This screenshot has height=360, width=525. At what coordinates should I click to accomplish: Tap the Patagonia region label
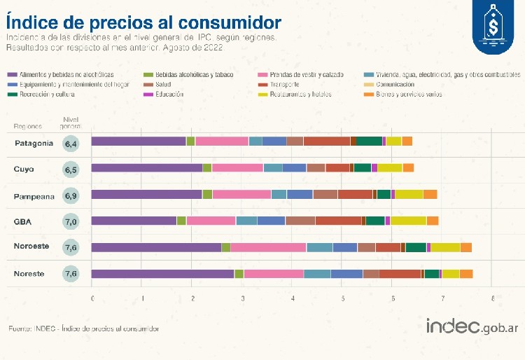[34, 143]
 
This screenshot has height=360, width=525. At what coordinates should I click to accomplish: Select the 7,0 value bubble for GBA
[71, 221]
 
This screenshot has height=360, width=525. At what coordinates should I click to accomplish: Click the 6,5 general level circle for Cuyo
[71, 169]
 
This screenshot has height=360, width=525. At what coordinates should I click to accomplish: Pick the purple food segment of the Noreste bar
[162, 274]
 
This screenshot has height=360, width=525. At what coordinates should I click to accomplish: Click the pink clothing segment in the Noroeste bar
[268, 247]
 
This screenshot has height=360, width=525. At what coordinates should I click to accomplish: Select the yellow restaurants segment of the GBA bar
[408, 221]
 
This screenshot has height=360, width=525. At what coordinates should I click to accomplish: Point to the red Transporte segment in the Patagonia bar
[326, 141]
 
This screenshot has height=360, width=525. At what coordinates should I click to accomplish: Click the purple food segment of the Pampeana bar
[146, 195]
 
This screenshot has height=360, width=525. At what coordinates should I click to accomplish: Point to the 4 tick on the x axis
[292, 299]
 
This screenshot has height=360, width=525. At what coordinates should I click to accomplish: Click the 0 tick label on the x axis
[92, 299]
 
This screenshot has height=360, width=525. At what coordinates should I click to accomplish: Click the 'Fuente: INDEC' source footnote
[83, 328]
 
